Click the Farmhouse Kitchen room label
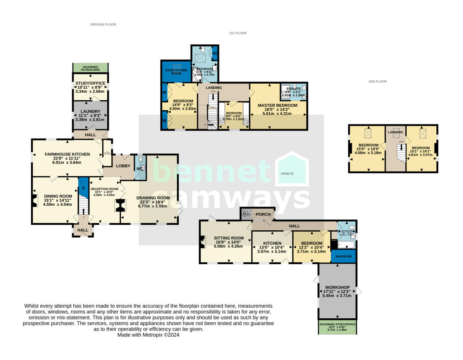(67, 154)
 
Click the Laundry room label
(90, 112)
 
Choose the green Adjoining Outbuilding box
(90, 68)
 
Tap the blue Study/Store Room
(176, 71)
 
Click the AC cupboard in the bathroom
(215, 54)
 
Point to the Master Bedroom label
(277, 105)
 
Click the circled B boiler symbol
(244, 214)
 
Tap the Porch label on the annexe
(263, 215)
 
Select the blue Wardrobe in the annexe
(343, 256)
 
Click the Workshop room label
(337, 287)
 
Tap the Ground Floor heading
(103, 24)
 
